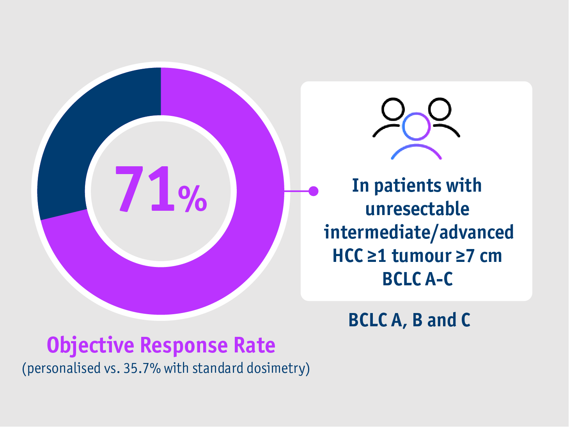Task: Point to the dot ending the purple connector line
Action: (x=313, y=191)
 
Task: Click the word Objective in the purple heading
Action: (x=90, y=345)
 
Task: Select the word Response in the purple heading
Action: (x=183, y=345)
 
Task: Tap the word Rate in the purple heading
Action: (x=254, y=345)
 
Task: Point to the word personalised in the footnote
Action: (x=64, y=368)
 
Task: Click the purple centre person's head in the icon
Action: (x=416, y=126)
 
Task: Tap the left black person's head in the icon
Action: (x=392, y=109)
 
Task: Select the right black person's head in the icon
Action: (x=440, y=109)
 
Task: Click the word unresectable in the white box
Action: (x=417, y=209)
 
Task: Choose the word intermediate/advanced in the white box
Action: (x=418, y=232)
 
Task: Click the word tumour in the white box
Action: (x=422, y=256)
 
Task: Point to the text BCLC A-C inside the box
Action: (x=417, y=279)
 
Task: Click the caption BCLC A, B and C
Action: (x=409, y=320)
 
